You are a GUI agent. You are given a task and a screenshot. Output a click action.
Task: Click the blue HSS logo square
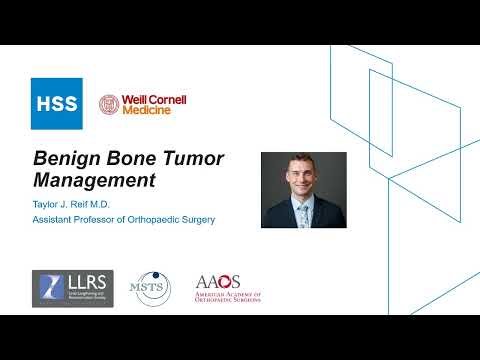56,103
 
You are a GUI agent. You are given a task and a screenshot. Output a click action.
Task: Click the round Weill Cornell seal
108,104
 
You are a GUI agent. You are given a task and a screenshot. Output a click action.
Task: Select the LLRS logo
72,287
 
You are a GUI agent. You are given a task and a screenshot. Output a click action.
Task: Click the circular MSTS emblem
153,287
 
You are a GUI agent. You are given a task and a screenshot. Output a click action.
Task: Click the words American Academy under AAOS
227,296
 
